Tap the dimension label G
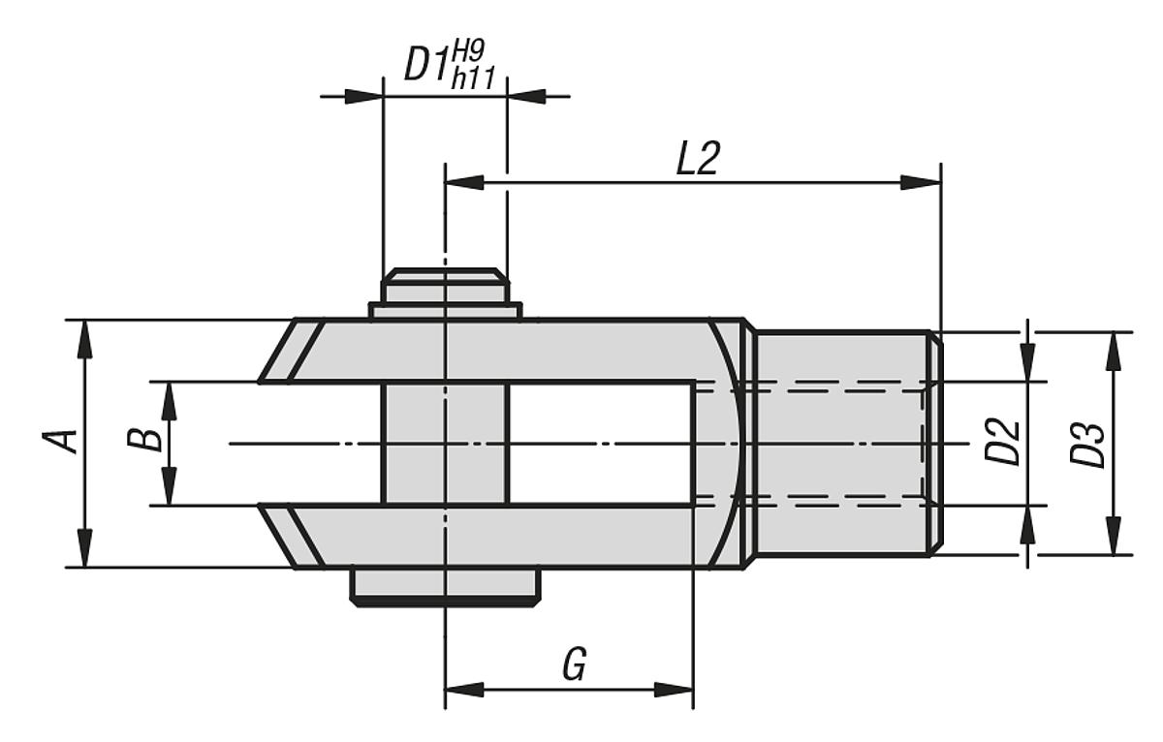click(575, 665)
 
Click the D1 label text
click(425, 66)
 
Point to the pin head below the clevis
click(445, 585)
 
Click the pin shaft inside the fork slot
click(445, 444)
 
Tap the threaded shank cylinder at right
click(839, 444)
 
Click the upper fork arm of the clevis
click(504, 350)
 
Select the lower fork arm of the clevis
click(504, 536)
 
